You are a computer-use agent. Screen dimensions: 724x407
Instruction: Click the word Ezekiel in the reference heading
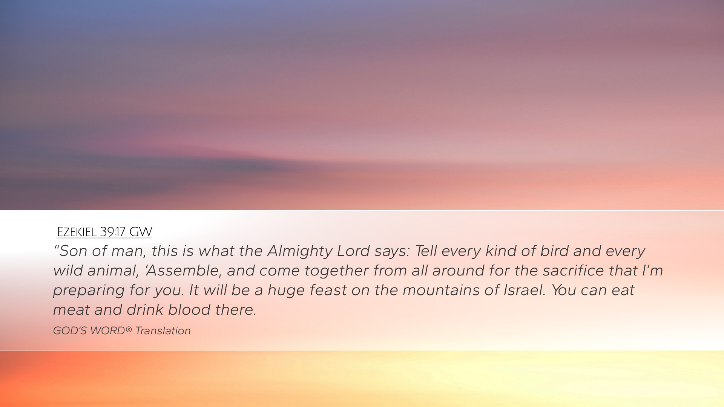77,232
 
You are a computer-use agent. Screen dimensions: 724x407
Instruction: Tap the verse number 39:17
113,232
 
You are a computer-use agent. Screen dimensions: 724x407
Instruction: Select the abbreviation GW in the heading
141,232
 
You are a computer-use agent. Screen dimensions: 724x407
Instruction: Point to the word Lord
353,251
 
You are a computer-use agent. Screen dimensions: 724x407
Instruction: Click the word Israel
525,290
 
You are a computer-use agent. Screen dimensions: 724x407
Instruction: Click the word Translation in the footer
163,331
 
